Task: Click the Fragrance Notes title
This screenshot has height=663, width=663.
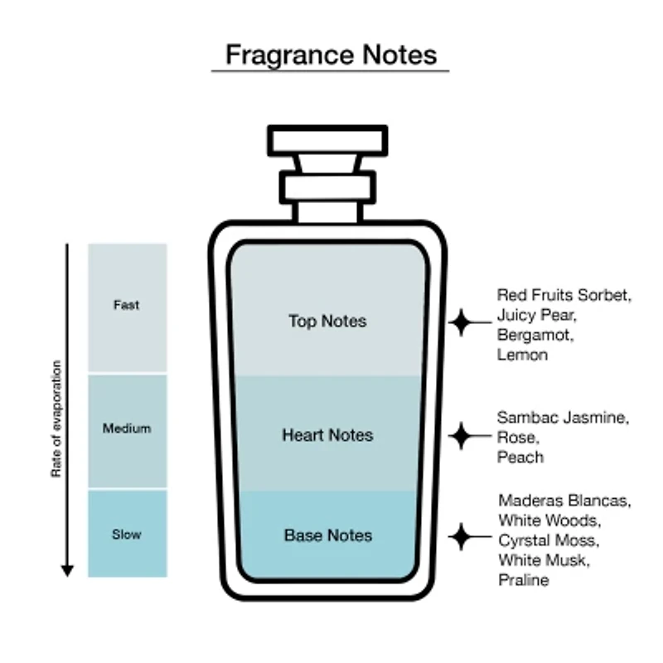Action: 331,55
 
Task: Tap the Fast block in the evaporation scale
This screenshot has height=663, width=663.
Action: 128,307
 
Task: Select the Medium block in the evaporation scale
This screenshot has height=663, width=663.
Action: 128,431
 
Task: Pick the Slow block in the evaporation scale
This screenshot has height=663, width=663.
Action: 128,534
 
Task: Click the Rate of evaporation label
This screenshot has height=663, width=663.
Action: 56,419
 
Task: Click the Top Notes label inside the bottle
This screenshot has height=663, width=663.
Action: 327,322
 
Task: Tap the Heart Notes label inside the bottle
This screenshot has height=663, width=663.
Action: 327,435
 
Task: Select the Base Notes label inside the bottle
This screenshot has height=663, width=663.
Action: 328,535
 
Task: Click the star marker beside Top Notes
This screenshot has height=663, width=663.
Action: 462,322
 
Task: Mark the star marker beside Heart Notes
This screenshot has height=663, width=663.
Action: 462,436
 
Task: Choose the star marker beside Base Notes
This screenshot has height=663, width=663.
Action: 462,536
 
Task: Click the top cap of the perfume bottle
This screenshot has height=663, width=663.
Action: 327,140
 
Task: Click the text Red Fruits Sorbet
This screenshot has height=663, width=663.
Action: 564,295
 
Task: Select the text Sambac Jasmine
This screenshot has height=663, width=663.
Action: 563,418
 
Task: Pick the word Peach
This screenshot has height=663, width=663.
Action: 520,457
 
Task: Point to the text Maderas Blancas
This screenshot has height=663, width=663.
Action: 564,501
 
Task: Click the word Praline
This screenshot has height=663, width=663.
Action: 524,580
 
